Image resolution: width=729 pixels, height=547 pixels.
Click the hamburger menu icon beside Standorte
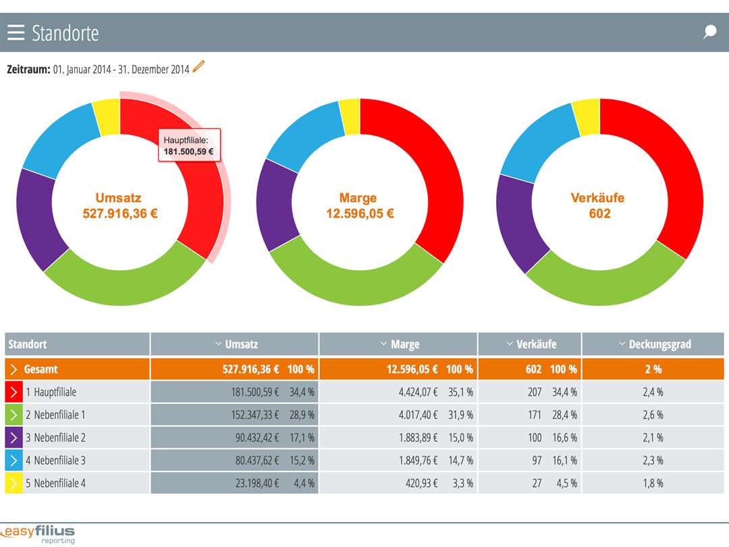[x=16, y=32]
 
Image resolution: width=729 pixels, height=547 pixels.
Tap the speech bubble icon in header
[x=709, y=32]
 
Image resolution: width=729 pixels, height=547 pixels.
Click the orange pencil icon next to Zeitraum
[x=198, y=67]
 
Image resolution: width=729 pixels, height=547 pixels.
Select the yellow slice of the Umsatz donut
[x=107, y=116]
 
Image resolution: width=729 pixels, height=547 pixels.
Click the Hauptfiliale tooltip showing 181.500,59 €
[x=189, y=145]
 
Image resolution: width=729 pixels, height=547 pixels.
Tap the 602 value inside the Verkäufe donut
[x=599, y=213]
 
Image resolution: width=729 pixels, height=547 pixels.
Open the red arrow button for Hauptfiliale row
[x=13, y=392]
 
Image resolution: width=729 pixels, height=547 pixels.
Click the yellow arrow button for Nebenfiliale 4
[x=13, y=484]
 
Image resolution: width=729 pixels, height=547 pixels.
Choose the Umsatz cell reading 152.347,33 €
[x=248, y=415]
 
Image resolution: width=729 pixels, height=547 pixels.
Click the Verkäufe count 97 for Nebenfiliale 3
[x=535, y=461]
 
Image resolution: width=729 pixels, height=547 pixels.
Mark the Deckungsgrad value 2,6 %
[x=653, y=415]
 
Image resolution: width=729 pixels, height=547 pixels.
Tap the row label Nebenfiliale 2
[x=59, y=438]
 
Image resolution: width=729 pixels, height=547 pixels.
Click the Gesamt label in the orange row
[x=40, y=369]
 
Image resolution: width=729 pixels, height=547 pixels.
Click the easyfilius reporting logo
[x=39, y=533]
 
